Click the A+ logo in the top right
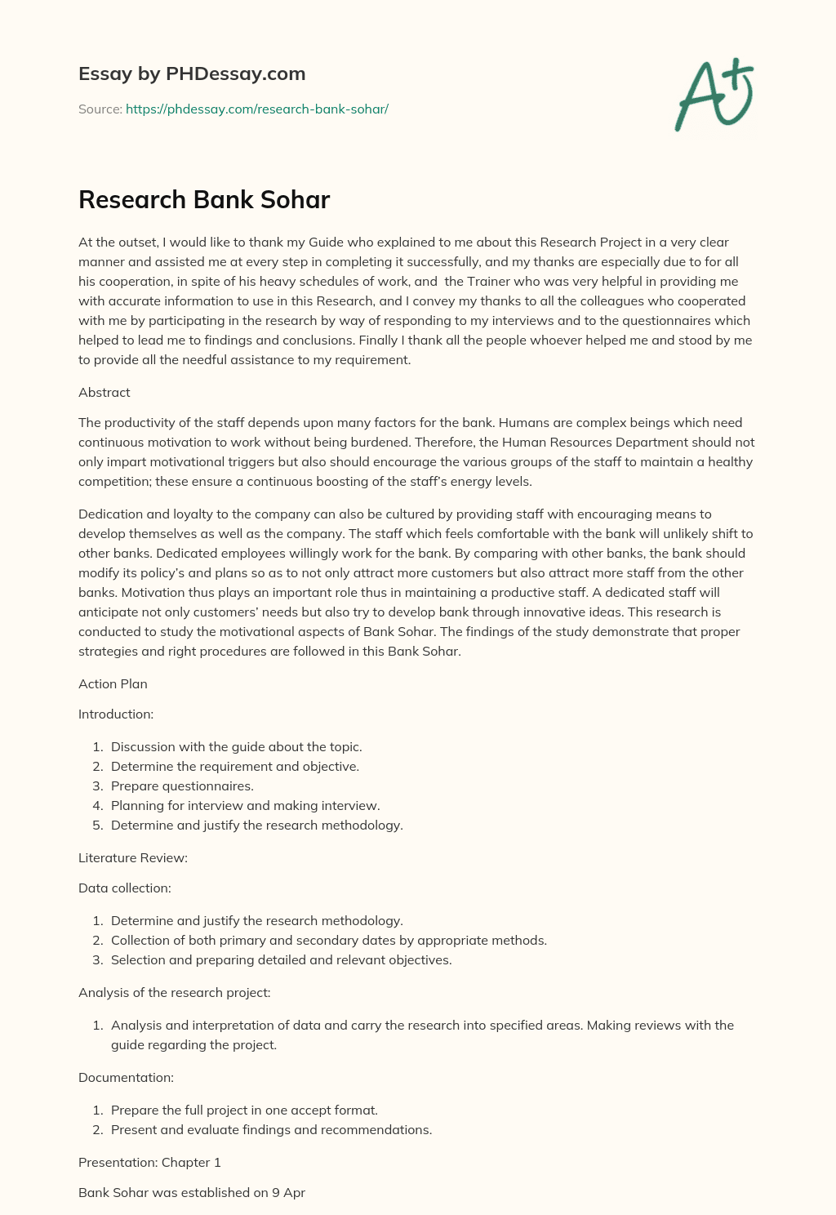coord(714,95)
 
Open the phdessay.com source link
coord(256,109)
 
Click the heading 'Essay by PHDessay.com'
coord(192,73)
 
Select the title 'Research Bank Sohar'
coord(204,199)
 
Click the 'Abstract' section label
coord(104,392)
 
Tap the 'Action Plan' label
coord(113,683)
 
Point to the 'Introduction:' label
coord(116,714)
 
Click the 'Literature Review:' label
coord(133,857)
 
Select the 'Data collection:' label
coord(125,888)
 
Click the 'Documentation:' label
coord(126,1077)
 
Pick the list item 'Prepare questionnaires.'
coord(182,786)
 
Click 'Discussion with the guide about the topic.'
coord(236,746)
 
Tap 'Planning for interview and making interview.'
coord(245,805)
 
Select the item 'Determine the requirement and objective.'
coord(235,766)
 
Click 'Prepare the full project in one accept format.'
coord(244,1110)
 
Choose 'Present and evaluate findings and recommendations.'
coord(271,1129)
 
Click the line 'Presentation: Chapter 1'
coord(149,1162)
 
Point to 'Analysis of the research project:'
coord(174,992)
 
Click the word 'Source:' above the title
coord(100,109)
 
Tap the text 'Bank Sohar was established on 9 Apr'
coord(192,1192)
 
